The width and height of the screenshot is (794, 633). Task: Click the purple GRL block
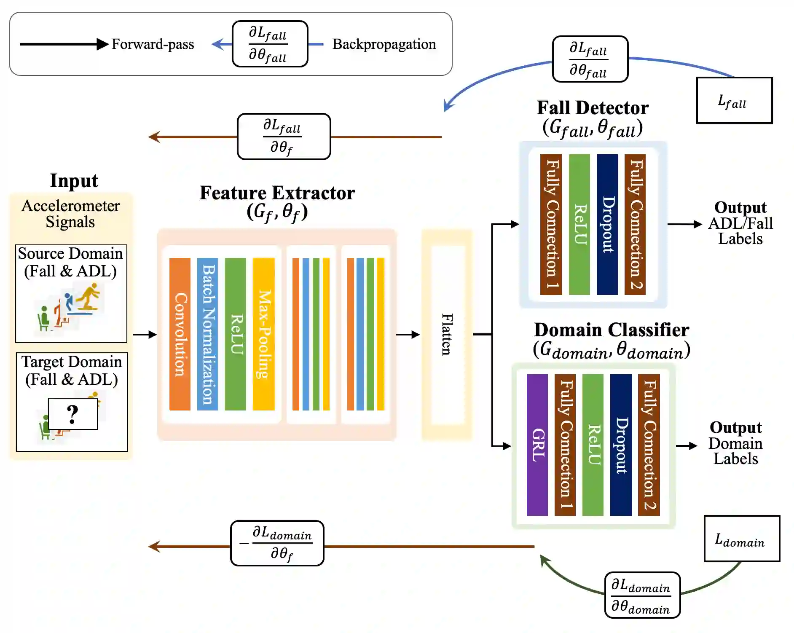[537, 445]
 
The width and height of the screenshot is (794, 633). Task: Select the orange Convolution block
[180, 334]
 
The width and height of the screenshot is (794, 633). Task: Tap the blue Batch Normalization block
[208, 334]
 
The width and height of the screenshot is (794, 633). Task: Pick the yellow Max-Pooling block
[263, 334]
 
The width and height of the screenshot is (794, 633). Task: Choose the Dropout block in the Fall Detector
[607, 224]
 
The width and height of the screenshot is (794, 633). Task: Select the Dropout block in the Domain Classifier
[621, 445]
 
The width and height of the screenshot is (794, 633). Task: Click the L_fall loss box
[734, 100]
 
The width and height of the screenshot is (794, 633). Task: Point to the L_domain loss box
[741, 539]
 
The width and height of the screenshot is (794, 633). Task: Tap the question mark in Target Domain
[73, 414]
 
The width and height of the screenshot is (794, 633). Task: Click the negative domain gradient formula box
[277, 543]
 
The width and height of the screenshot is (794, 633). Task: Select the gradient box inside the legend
[270, 44]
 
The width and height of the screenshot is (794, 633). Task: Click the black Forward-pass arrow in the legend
[63, 44]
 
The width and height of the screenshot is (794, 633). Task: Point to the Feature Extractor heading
[277, 193]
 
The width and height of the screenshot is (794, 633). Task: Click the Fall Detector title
[592, 108]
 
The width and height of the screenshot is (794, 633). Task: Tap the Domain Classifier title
[611, 330]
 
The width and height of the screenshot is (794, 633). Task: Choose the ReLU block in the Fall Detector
[579, 224]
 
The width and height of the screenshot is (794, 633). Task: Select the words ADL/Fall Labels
[740, 231]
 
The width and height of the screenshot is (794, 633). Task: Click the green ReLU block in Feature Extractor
[236, 334]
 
